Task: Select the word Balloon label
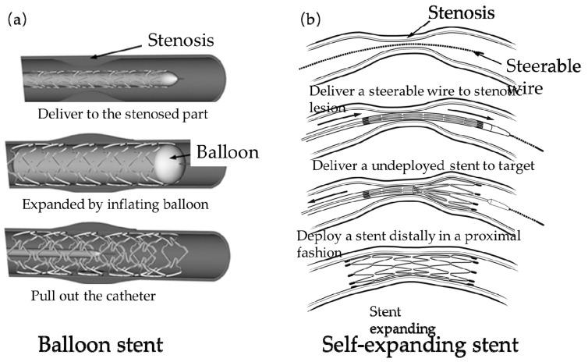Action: coord(228,153)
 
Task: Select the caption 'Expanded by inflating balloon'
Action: coord(111,206)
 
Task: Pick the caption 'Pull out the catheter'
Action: coord(92,296)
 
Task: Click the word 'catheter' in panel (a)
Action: coord(129,296)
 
